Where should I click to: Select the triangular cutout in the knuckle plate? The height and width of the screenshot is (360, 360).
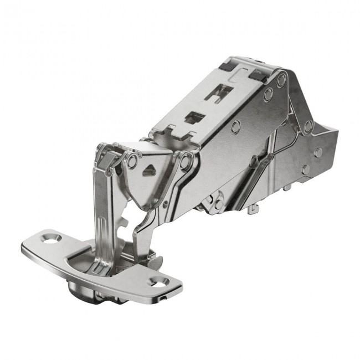point(148,171)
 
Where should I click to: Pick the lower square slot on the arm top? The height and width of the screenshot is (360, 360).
point(196,117)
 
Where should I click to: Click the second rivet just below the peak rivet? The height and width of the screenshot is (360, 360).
point(268,95)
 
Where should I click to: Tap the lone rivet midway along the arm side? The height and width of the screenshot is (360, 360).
point(236,125)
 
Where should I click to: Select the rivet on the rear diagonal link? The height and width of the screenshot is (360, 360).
point(308,126)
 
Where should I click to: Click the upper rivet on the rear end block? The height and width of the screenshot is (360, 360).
point(318,152)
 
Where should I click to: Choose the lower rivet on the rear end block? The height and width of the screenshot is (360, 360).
point(306,169)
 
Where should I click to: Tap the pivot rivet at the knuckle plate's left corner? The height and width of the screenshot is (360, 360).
point(131,162)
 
